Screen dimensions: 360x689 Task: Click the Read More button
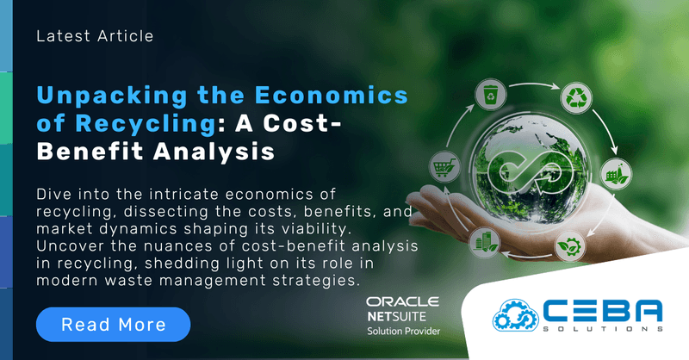coord(113,324)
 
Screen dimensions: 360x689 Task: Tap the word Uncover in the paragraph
coord(70,246)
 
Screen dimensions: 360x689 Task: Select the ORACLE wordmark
coord(402,302)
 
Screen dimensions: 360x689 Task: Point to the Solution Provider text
coord(402,332)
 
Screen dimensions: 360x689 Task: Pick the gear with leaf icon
coord(570,245)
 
